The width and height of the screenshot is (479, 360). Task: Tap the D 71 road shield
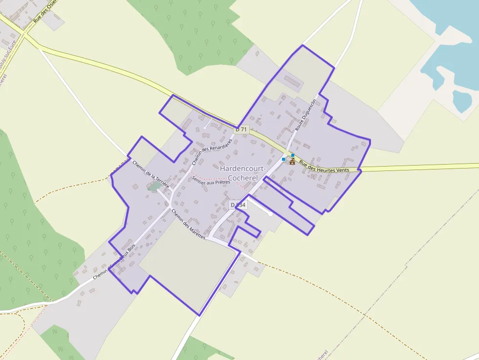point(241,129)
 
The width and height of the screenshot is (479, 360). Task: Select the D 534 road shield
point(238,205)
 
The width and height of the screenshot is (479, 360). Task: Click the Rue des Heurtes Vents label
point(325,167)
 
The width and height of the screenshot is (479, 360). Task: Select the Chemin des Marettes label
point(188,224)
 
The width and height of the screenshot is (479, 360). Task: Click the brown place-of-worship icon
point(292,162)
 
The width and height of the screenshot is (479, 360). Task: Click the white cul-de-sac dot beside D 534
point(270,213)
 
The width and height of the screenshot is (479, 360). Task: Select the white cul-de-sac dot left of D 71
point(205,128)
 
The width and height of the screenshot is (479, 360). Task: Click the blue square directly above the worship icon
point(293,155)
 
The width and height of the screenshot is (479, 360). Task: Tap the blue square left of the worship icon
point(283,159)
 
